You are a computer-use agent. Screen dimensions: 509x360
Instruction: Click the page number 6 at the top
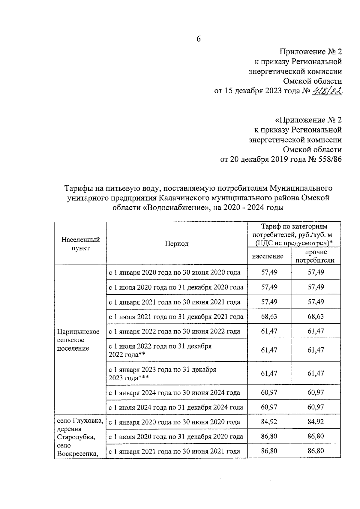pos(198,39)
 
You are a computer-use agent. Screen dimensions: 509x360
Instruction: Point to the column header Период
pos(177,244)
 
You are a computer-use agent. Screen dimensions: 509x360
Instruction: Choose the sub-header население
pos(268,256)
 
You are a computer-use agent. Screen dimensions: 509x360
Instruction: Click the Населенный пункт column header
pos(80,244)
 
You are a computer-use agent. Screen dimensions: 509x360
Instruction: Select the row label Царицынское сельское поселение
pos(78,340)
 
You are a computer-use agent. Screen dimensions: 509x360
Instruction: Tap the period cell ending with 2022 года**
pos(160,350)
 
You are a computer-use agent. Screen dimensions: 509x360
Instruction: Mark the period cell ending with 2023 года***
pos(162,373)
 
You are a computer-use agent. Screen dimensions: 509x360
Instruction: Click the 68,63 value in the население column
pos(269,316)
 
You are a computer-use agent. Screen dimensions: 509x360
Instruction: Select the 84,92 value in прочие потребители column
pos(316,422)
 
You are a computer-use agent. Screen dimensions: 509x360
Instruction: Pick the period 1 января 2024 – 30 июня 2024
pos(174,393)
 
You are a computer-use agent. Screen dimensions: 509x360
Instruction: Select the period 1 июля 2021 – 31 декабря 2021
pos(176,317)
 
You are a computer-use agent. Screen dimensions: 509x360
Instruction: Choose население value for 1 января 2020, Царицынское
pos(269,272)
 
